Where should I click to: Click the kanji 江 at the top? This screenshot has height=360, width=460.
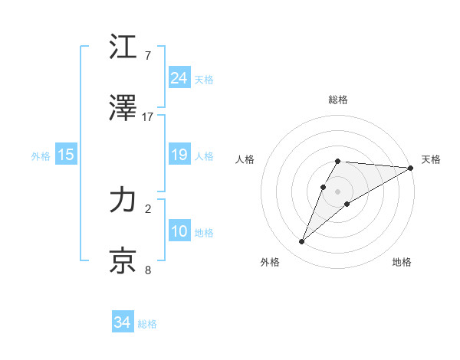(123, 47)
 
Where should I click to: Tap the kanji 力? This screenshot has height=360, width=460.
(123, 201)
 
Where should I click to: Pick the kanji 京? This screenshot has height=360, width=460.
(123, 261)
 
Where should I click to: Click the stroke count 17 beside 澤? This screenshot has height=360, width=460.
(148, 116)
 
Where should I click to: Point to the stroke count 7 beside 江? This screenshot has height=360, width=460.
(148, 56)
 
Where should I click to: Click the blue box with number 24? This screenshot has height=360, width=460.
(179, 77)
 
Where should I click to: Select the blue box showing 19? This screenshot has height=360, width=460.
(179, 155)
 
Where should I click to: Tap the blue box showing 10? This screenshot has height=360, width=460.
(179, 231)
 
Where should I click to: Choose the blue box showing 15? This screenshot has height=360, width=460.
(66, 155)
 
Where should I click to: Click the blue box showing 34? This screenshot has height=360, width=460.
(123, 322)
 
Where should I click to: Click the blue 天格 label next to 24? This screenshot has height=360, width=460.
(204, 80)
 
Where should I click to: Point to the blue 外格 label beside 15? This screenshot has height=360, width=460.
(41, 156)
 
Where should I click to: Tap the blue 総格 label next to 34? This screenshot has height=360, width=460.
(147, 324)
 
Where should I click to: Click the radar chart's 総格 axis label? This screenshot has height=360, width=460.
(338, 100)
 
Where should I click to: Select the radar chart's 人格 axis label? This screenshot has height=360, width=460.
(245, 159)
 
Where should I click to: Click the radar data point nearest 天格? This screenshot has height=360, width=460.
(412, 168)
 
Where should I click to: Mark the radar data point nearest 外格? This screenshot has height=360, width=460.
(302, 242)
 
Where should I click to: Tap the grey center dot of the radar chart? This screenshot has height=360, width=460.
(338, 191)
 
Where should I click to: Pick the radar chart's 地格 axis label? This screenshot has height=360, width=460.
(402, 262)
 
